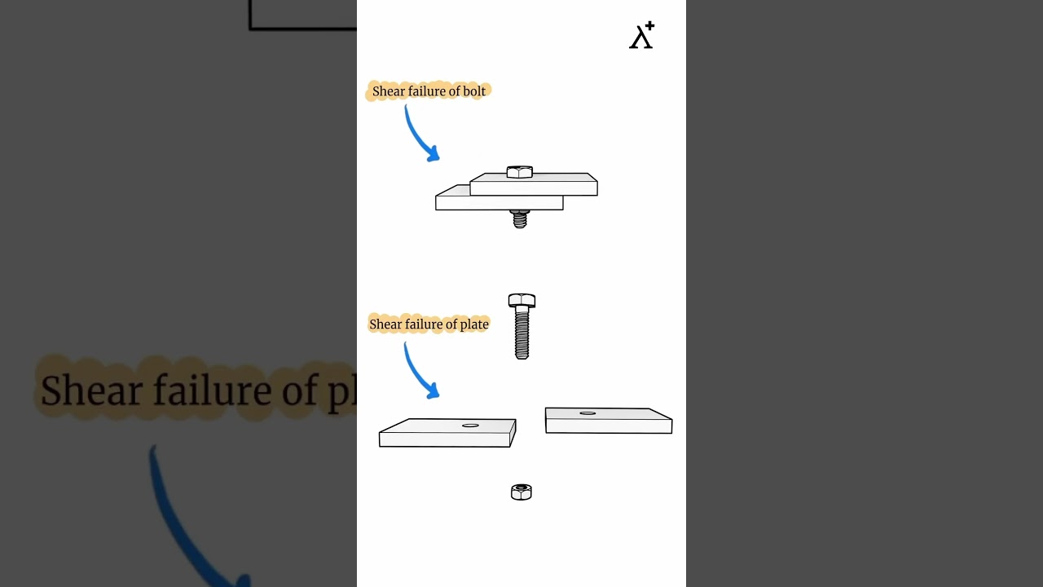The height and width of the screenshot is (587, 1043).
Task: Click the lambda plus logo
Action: tap(641, 36)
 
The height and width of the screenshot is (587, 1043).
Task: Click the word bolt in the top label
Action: tap(474, 91)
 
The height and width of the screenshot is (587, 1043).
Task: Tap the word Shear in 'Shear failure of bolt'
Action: tap(388, 91)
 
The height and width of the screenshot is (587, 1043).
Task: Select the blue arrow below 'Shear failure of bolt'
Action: tap(420, 135)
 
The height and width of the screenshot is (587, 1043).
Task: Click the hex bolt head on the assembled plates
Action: tap(519, 172)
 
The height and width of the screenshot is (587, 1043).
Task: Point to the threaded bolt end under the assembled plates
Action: tap(520, 219)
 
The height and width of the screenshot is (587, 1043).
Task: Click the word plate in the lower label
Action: tap(474, 324)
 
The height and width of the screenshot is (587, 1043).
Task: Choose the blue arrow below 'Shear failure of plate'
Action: tap(420, 372)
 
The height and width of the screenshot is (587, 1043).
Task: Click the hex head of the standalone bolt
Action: tap(521, 300)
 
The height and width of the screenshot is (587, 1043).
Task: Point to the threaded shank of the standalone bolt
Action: tap(521, 334)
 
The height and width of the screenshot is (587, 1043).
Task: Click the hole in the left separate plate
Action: tap(470, 426)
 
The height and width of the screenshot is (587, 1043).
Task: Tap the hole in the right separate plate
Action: tap(588, 413)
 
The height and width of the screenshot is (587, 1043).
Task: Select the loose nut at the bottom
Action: tap(521, 492)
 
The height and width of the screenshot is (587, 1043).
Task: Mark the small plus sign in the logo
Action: tap(649, 27)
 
